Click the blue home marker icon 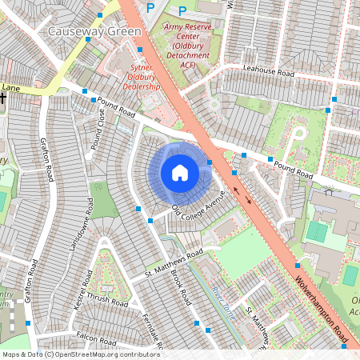(179, 172)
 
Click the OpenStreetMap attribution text (81, 354)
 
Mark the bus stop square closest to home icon (210, 162)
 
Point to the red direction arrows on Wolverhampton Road (242, 195)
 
